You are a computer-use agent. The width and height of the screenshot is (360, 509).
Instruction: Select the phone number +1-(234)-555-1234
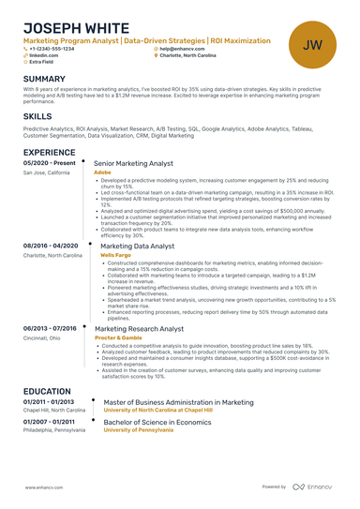pos(52,49)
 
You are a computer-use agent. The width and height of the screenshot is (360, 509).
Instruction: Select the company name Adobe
pos(102,172)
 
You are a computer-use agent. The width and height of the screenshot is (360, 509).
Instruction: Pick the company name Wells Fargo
pos(115,254)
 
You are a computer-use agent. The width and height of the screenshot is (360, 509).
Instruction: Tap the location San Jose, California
pos(46,172)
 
